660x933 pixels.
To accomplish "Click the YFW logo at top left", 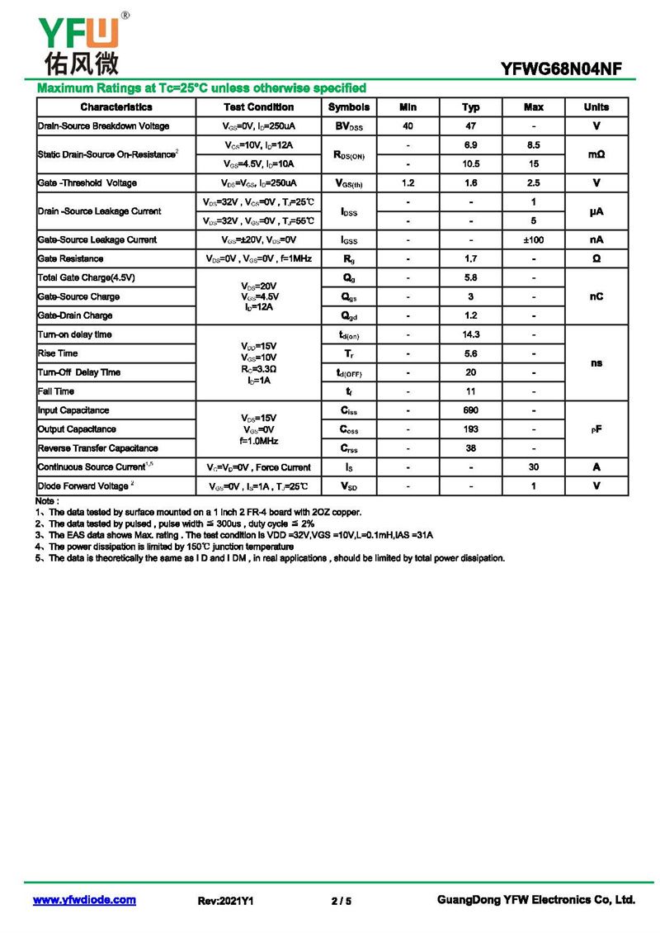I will coord(78,41).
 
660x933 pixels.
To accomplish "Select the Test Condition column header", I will coord(258,107).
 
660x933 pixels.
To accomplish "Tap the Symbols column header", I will coord(349,107).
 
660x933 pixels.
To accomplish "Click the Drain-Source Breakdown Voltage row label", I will coord(104,126).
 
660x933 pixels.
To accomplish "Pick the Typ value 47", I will coord(470,126).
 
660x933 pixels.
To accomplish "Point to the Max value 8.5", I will coord(533,145).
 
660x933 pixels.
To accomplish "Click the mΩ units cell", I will coord(596,154).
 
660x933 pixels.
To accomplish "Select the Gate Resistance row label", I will coord(71,258).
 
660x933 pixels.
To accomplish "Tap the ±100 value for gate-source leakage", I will coord(533,239).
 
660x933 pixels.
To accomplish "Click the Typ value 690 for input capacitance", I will coord(470,410).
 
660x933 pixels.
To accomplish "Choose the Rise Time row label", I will coord(58,353).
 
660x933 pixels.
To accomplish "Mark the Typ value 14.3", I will coord(470,334).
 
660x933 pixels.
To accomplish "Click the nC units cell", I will coord(596,296).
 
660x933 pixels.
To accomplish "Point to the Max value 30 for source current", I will coord(533,467).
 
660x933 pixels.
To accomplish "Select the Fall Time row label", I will coord(56,391).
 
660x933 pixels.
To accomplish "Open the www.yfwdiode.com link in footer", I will coord(84,900).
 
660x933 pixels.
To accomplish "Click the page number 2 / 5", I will coord(341,901).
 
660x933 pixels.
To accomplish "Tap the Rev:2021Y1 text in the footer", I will coord(225,901).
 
